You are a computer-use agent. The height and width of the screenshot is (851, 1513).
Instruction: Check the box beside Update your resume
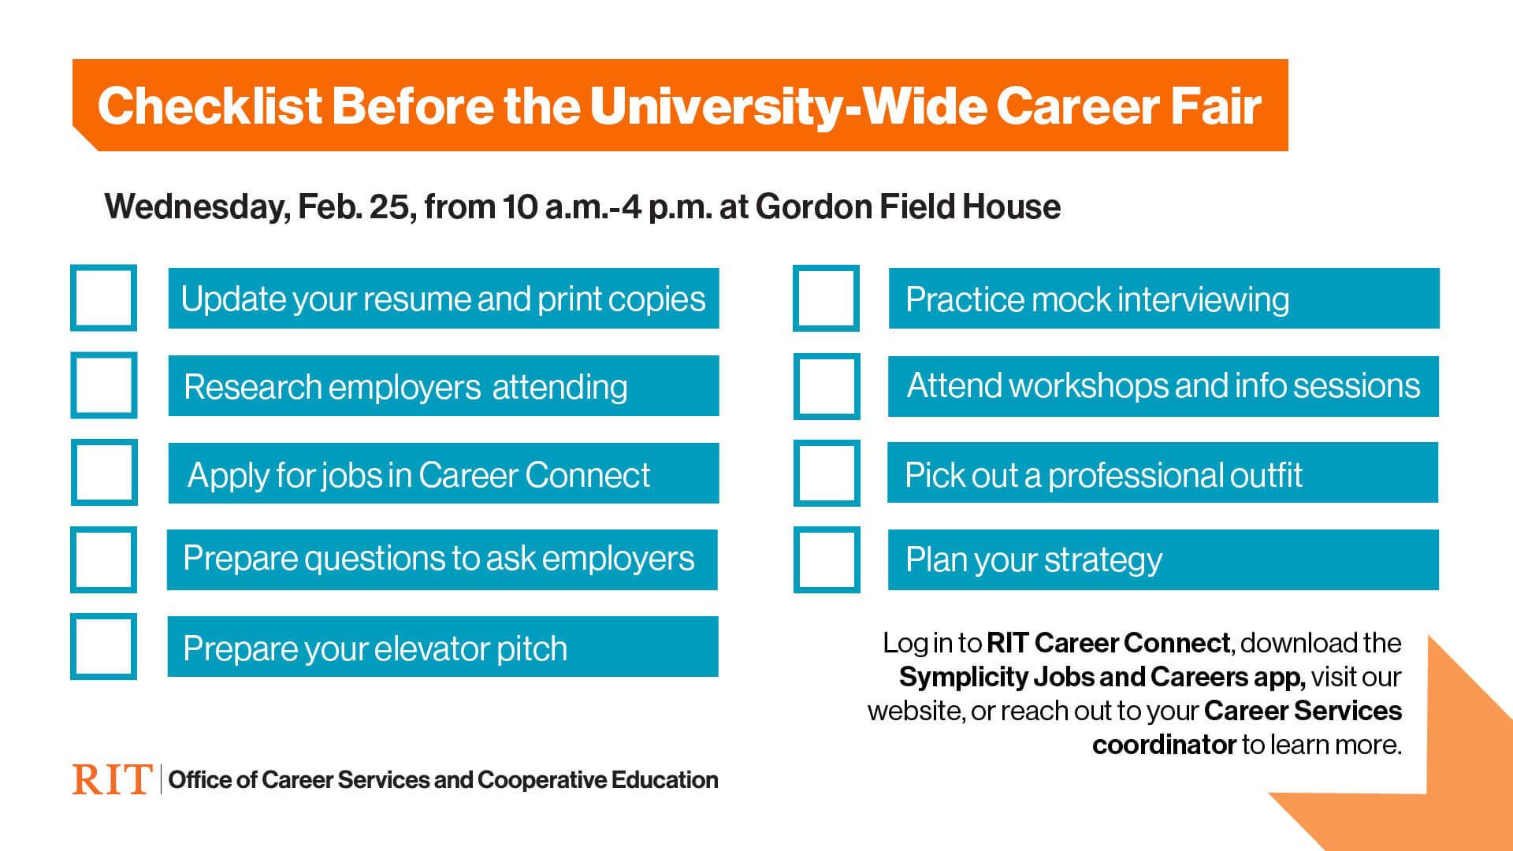pos(103,298)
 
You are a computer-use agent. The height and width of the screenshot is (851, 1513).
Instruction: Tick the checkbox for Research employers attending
pos(103,385)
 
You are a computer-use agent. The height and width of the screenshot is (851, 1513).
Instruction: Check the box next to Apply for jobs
pos(104,472)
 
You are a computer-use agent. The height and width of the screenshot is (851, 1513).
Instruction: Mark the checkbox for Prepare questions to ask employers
pos(103,559)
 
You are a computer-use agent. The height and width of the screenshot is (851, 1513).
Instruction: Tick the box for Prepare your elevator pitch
pos(103,646)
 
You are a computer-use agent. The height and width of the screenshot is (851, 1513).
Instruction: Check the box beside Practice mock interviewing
pos(826,298)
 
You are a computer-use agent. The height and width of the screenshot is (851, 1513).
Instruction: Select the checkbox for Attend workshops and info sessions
pos(827,386)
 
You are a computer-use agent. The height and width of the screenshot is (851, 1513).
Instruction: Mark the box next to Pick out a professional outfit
pos(827,473)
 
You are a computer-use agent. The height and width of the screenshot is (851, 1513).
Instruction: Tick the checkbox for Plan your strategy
pos(827,559)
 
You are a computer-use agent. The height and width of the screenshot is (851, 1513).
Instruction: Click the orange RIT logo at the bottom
pos(111,779)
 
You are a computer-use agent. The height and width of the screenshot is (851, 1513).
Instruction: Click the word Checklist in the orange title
pos(210,106)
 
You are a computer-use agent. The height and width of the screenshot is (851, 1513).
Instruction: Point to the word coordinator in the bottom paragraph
pos(1164,745)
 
